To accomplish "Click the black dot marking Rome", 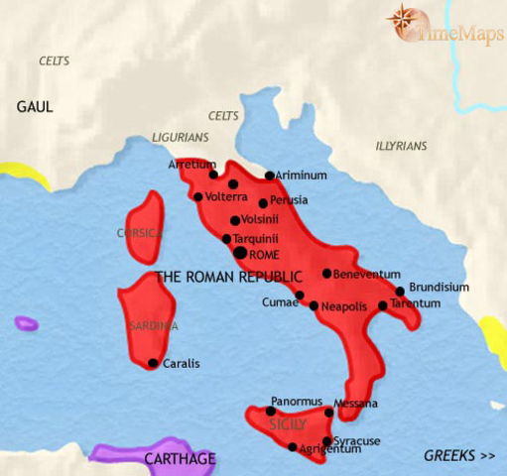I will click(x=239, y=254).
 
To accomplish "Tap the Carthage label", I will click(x=180, y=459).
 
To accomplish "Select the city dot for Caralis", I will click(x=153, y=363).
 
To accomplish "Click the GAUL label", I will click(x=34, y=105).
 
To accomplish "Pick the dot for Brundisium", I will click(x=401, y=292).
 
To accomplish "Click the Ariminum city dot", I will click(x=270, y=177).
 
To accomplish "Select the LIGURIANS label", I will click(x=181, y=138).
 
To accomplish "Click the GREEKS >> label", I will click(x=458, y=456).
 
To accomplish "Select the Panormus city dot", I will click(x=271, y=411).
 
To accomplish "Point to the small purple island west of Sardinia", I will click(x=26, y=323).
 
